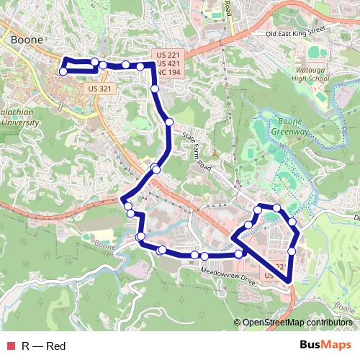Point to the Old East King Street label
(x=295, y=32)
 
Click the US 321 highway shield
(x=99, y=89)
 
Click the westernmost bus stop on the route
(x=63, y=71)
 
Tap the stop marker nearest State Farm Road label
(x=170, y=122)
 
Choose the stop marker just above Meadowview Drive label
(x=238, y=254)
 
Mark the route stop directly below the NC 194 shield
(x=156, y=89)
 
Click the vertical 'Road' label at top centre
(x=228, y=9)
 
